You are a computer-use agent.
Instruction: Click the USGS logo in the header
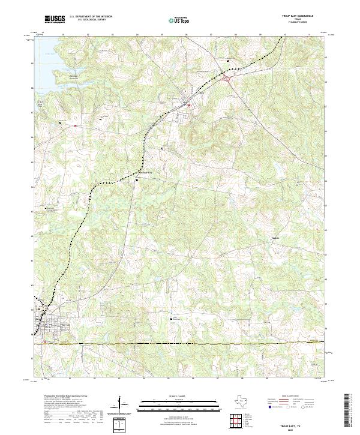tap(54, 19)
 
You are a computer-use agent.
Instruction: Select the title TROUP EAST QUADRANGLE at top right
tap(305, 16)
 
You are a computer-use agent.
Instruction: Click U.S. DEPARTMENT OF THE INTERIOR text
tap(91, 17)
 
